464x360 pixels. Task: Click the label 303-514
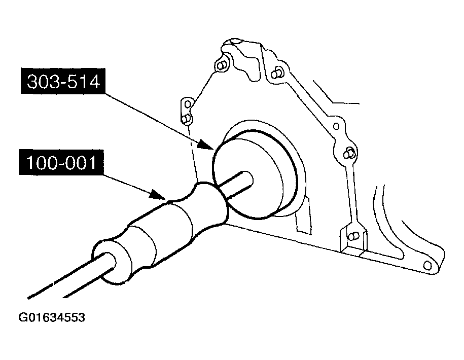pyautogui.click(x=63, y=81)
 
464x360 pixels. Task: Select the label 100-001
pyautogui.click(x=61, y=162)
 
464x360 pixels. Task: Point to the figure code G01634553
pyautogui.click(x=52, y=317)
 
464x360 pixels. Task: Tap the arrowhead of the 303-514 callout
pyautogui.click(x=205, y=145)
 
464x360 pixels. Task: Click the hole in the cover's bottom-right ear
pyautogui.click(x=427, y=265)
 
